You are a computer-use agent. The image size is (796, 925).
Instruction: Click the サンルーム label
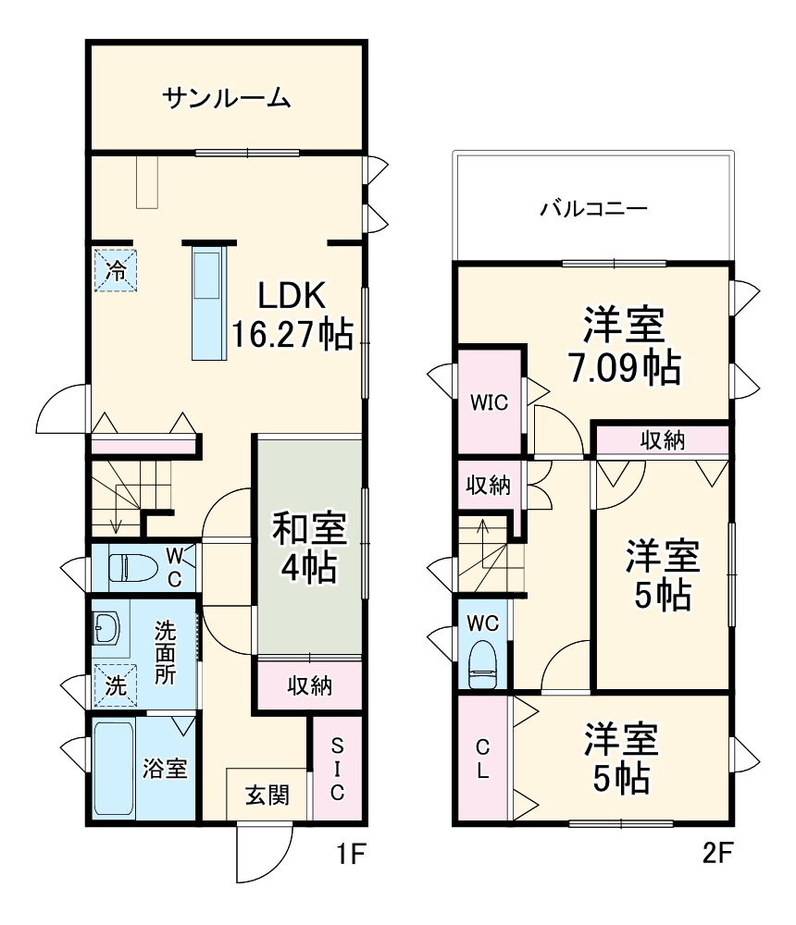click(227, 96)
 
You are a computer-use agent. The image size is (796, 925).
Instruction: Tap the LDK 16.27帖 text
click(291, 314)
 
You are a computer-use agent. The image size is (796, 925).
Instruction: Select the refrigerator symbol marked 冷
click(116, 270)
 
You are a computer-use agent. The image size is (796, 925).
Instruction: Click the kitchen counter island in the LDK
click(208, 302)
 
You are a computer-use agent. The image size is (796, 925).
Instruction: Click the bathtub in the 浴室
click(113, 769)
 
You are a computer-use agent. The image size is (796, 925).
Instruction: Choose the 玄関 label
click(267, 795)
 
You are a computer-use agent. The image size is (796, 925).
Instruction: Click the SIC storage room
click(337, 769)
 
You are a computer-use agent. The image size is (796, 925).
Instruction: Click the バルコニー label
click(593, 208)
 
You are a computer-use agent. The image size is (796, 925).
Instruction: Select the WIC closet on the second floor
click(489, 402)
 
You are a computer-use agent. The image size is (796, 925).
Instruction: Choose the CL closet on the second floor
click(482, 759)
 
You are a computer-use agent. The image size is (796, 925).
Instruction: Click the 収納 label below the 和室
click(309, 685)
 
